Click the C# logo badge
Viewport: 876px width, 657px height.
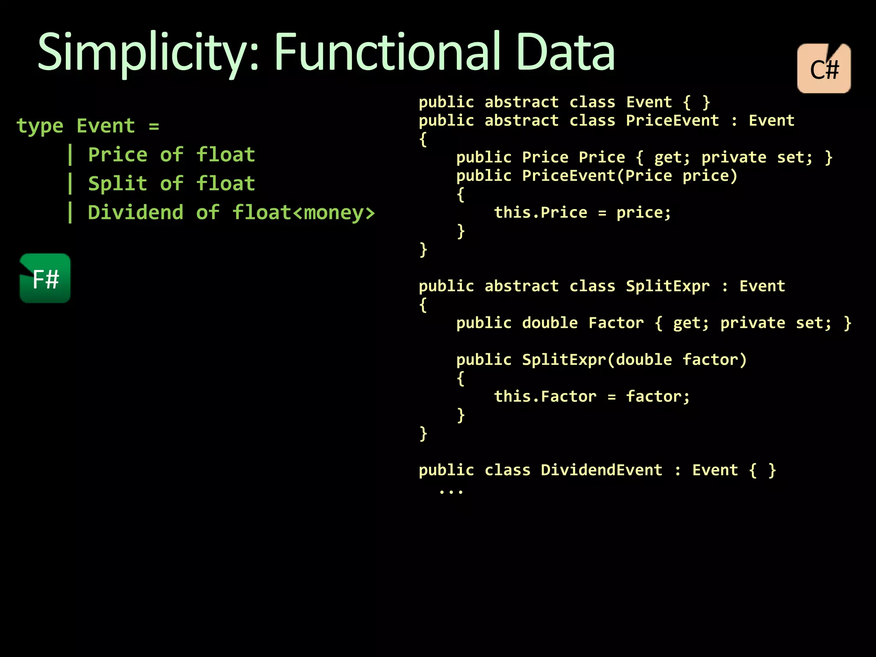[824, 68]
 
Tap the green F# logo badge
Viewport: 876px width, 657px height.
[45, 278]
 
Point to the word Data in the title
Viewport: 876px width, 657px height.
[565, 52]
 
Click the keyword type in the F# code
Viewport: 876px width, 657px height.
[40, 126]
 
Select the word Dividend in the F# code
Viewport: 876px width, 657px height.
[136, 213]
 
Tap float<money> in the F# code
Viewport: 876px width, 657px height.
[303, 213]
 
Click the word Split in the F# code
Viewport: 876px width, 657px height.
[118, 184]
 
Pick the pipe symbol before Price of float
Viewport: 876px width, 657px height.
[70, 155]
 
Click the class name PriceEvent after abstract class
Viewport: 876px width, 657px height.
[672, 121]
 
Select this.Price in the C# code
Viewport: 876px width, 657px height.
[541, 213]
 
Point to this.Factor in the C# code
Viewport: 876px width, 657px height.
[545, 397]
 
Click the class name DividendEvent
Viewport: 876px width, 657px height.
[601, 470]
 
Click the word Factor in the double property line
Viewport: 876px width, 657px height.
[616, 323]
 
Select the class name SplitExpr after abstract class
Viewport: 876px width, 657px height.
[668, 286]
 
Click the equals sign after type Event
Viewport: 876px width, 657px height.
[154, 127]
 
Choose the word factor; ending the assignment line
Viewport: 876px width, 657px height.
[658, 397]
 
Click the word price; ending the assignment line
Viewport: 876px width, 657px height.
[644, 213]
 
